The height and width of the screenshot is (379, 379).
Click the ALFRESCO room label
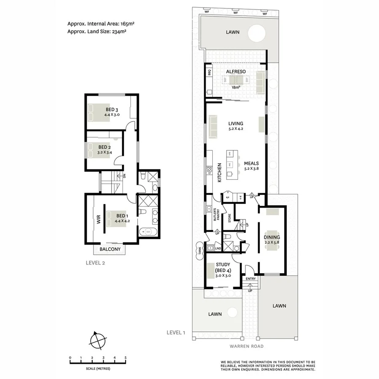click(x=236, y=72)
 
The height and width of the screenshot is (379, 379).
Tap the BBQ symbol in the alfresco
click(x=209, y=72)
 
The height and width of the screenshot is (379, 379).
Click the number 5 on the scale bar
click(x=125, y=358)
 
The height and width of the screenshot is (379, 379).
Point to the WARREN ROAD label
click(x=247, y=346)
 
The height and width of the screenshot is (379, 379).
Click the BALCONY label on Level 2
click(x=110, y=249)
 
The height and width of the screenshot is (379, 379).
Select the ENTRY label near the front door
click(x=250, y=278)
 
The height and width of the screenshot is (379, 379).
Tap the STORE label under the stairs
click(x=230, y=218)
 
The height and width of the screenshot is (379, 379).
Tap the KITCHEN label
click(x=219, y=172)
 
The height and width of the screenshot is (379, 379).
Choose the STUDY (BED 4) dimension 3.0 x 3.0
click(x=222, y=276)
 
